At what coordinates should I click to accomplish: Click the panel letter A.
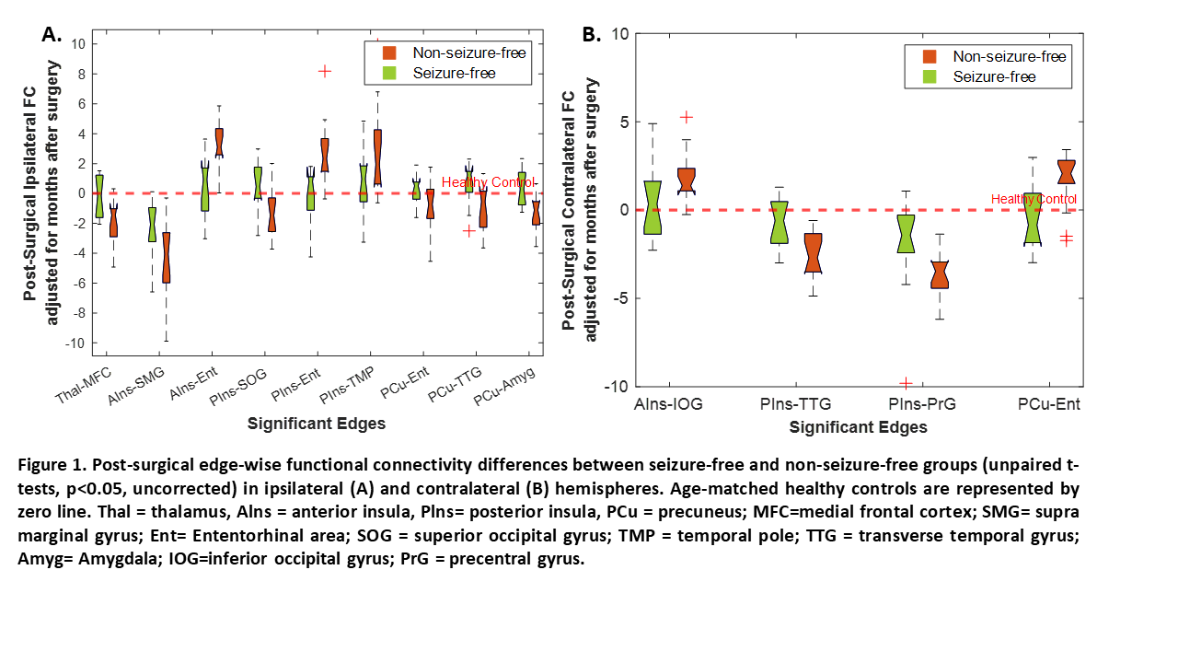[52, 35]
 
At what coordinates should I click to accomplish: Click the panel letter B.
[591, 35]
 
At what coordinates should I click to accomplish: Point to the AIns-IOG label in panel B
[667, 403]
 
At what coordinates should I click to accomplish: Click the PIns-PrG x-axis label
[922, 403]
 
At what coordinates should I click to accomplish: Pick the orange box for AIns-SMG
[166, 257]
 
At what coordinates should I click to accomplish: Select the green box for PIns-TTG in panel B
[780, 222]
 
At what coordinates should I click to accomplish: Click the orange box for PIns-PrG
[940, 274]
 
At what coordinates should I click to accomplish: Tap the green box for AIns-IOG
[653, 207]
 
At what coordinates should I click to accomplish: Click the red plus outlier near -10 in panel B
[906, 383]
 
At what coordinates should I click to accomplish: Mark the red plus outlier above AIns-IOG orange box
[686, 117]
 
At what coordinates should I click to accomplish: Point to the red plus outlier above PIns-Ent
[324, 71]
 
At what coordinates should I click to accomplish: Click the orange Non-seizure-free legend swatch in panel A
[390, 52]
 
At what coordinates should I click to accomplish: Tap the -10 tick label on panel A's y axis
[75, 343]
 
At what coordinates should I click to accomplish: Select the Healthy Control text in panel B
[1034, 199]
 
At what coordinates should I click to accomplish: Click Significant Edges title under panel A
[317, 424]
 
